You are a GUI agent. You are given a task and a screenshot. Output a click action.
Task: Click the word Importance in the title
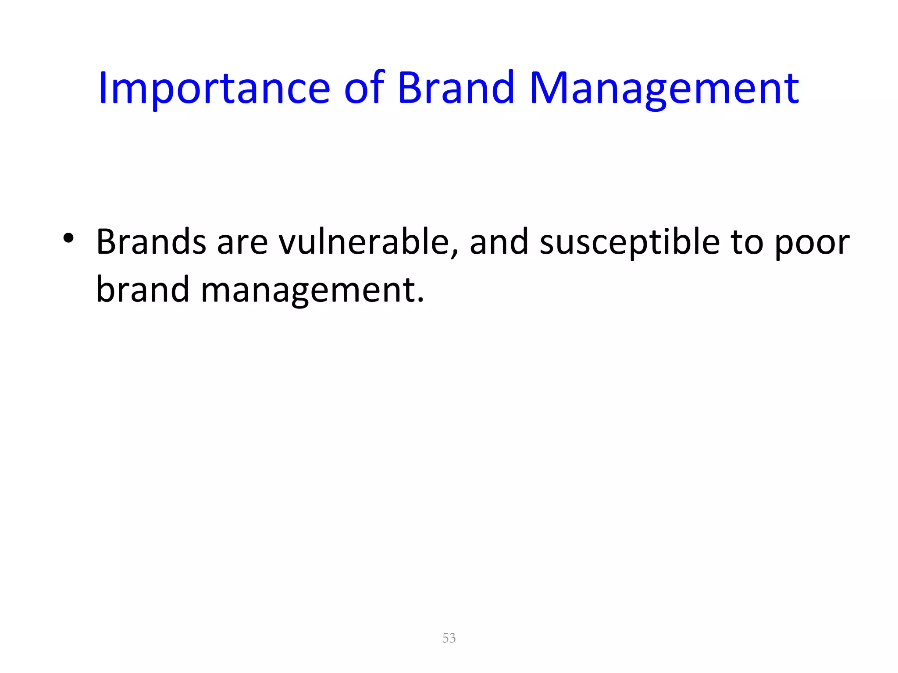tap(214, 89)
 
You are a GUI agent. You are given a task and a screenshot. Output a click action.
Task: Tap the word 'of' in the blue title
tap(364, 89)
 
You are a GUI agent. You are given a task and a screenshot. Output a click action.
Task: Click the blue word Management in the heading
tap(664, 89)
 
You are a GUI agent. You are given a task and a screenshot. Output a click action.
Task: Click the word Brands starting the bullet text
tap(151, 242)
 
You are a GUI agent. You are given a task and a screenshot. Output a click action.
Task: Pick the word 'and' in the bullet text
tap(499, 242)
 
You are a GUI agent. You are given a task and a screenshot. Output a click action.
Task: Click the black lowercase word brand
tap(143, 290)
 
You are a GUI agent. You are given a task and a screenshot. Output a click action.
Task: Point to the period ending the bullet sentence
tap(421, 301)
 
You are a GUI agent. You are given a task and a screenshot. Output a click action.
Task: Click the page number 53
tap(449, 638)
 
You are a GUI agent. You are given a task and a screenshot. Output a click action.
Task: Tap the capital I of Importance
tap(103, 89)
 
